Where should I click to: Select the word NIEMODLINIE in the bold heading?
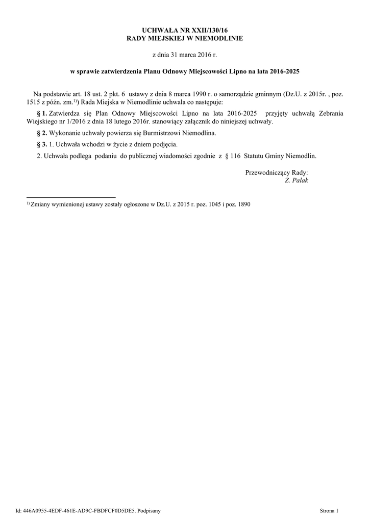218,38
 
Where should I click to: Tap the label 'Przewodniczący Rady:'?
277,172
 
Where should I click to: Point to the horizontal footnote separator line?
71,197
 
